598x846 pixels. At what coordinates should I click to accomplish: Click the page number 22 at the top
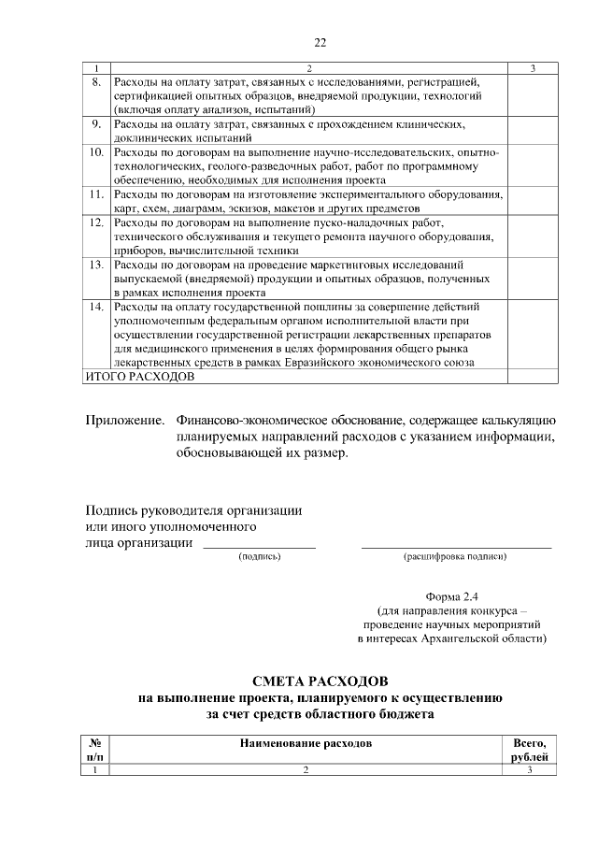[x=320, y=43]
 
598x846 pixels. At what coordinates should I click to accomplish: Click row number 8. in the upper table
[x=95, y=83]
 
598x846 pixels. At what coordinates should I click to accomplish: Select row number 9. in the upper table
[x=95, y=123]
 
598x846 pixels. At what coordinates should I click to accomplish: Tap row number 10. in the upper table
[x=95, y=151]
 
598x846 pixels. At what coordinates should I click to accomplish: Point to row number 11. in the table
[x=95, y=194]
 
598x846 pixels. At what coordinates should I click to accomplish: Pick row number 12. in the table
[x=95, y=223]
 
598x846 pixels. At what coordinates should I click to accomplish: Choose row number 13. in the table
[x=95, y=265]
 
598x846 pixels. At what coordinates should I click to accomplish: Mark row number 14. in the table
[x=95, y=307]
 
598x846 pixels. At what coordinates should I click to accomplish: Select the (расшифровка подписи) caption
[x=455, y=556]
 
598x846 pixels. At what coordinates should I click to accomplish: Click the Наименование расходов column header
[x=306, y=743]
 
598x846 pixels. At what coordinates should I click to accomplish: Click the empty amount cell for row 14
[x=532, y=335]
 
